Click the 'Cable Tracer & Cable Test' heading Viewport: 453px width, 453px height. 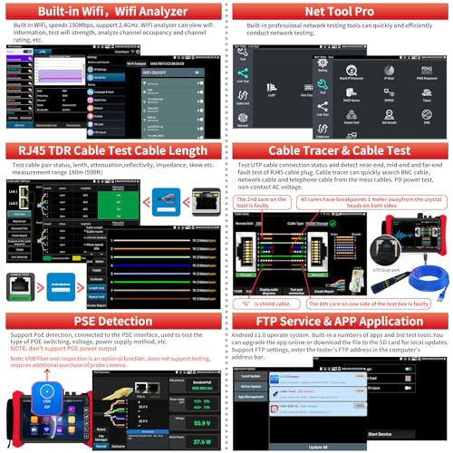(x=339, y=151)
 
